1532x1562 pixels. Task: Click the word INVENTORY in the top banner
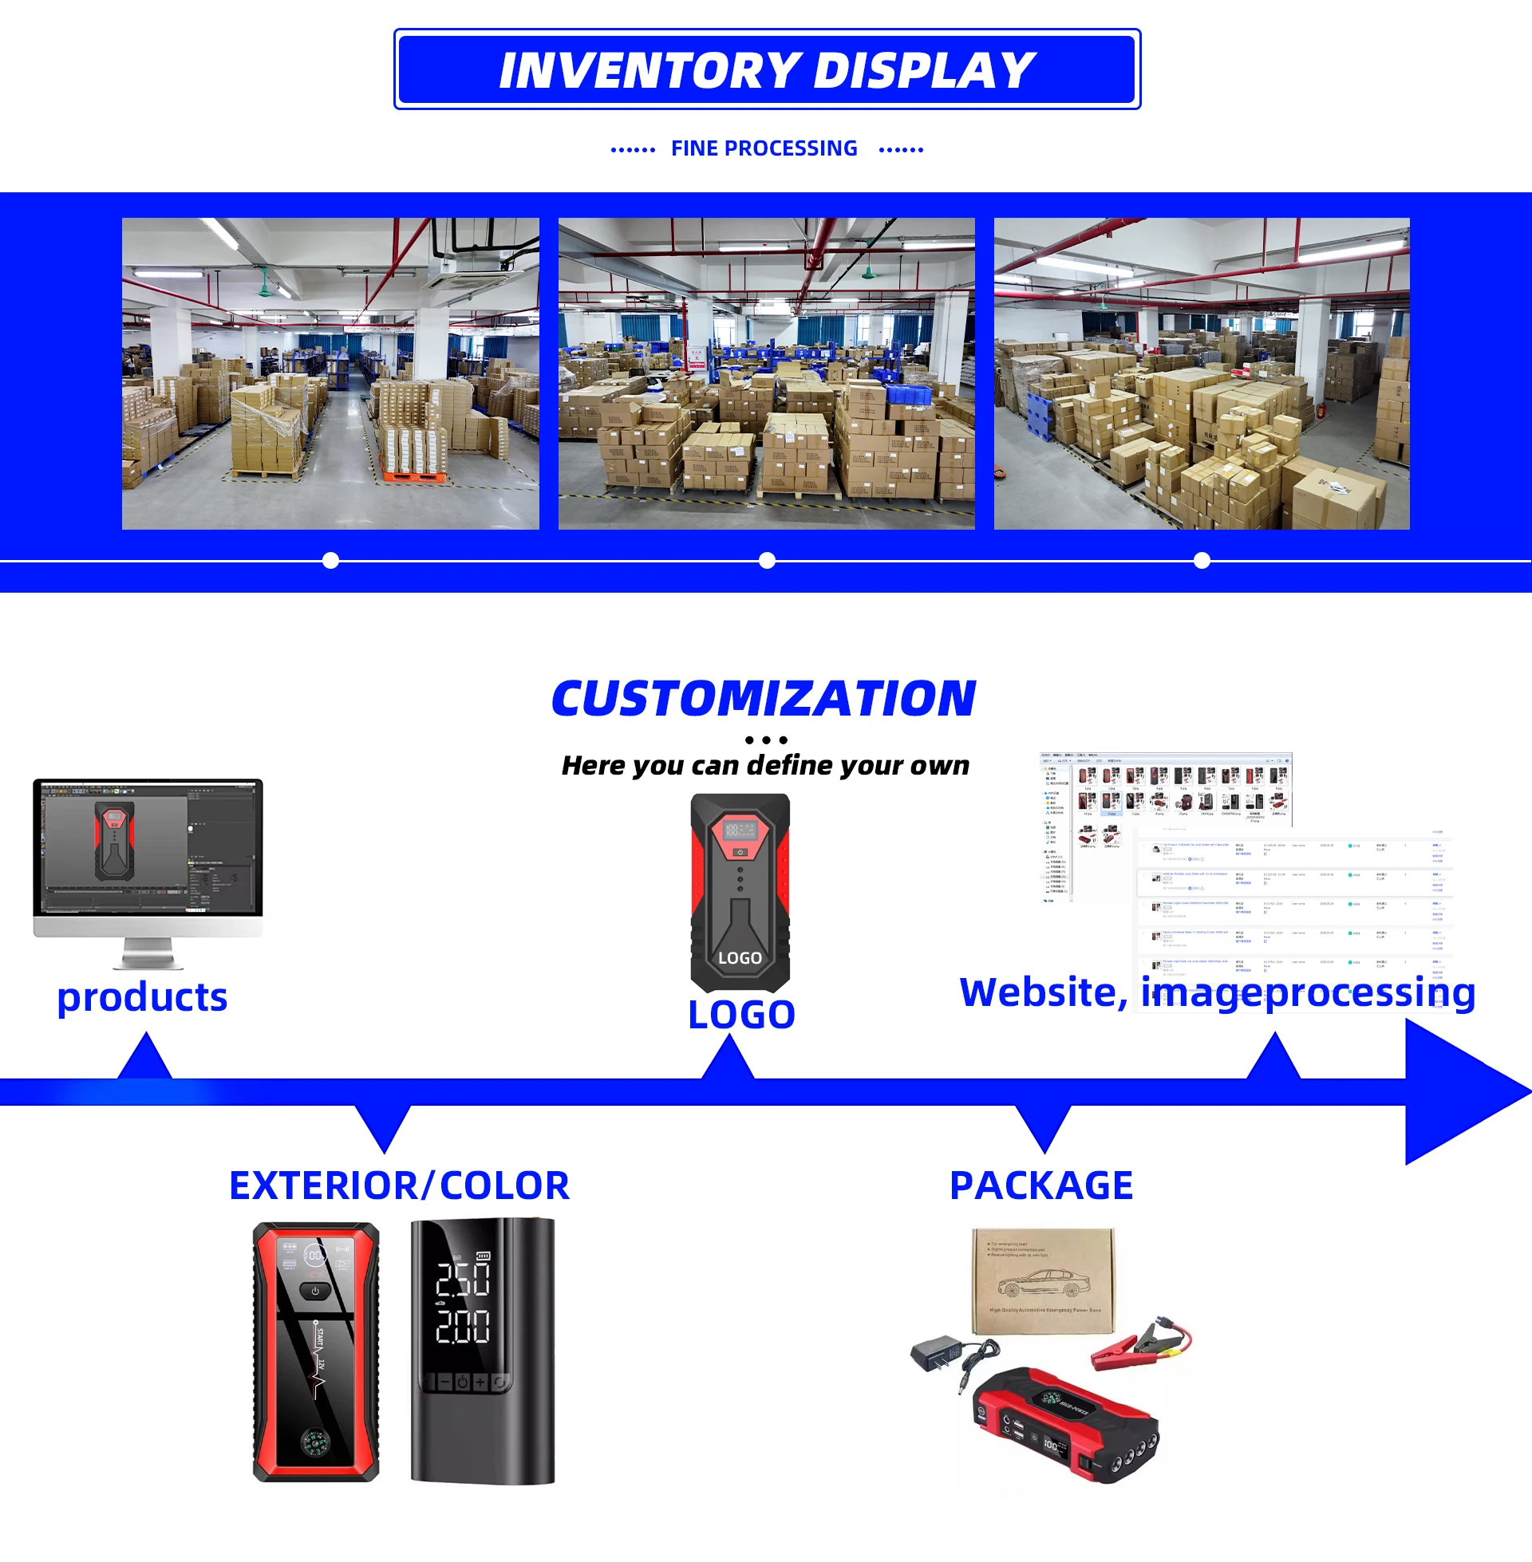(x=650, y=71)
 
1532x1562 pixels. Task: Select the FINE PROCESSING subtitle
(x=764, y=149)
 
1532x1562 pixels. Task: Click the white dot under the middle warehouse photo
(x=767, y=561)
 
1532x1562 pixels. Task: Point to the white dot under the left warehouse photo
(x=330, y=561)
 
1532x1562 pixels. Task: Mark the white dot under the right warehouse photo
(x=1202, y=561)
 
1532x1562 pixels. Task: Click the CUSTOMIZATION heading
(x=764, y=698)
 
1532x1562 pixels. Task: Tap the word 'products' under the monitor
(x=142, y=997)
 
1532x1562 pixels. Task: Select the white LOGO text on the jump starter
(x=740, y=958)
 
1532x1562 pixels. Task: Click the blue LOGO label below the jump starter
(x=741, y=1014)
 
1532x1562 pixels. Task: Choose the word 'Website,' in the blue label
(x=1043, y=992)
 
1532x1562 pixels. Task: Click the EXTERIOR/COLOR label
(x=399, y=1185)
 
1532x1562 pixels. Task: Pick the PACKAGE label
(x=1041, y=1185)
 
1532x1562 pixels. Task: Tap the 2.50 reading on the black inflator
(x=463, y=1280)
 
